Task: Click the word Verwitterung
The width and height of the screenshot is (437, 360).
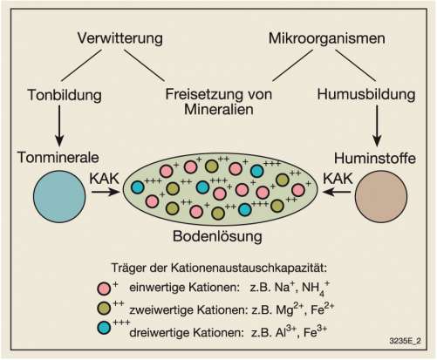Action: click(119, 39)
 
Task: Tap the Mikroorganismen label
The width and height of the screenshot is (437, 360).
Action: click(327, 38)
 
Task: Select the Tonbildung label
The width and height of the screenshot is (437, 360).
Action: click(65, 95)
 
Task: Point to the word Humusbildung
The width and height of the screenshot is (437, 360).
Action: click(366, 95)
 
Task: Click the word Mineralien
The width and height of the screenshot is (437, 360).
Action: click(219, 109)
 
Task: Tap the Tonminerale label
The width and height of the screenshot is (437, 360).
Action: click(58, 158)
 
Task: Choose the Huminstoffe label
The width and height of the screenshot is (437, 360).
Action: click(375, 159)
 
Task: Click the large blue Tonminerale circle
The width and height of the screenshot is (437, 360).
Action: click(59, 197)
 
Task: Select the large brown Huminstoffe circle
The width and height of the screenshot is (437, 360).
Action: click(381, 197)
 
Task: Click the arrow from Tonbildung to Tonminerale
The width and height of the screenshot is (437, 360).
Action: click(59, 126)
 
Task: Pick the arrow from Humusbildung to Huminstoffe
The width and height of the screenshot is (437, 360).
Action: click(377, 126)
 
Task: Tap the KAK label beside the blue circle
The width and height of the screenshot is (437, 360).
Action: click(105, 179)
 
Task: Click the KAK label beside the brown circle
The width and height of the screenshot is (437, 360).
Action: click(338, 179)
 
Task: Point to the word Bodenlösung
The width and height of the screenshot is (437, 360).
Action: click(217, 236)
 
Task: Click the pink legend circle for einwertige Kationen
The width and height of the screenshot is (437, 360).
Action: click(104, 289)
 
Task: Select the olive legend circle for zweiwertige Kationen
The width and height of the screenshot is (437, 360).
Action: click(104, 308)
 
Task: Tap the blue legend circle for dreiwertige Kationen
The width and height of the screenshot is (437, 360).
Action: click(104, 328)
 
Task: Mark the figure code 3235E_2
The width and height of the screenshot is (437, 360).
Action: click(405, 341)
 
